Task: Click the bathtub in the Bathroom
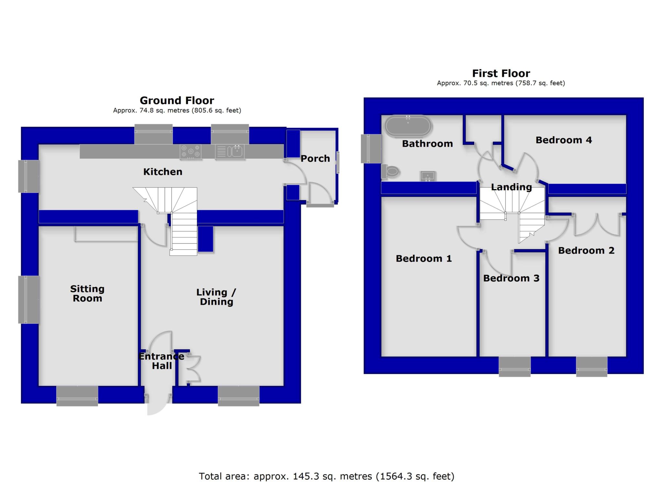pos(408,125)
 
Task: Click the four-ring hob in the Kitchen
pos(191,151)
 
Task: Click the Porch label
pos(315,159)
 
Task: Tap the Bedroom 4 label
pos(564,140)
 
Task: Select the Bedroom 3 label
pos(511,278)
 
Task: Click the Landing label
pos(511,187)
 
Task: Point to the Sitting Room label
pos(87,293)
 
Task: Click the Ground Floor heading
pos(177,100)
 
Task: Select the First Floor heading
pos(501,73)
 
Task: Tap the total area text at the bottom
pos(326,476)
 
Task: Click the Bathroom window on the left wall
pos(371,149)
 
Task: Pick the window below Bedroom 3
pos(514,366)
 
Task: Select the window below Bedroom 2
pos(591,366)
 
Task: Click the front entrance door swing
pos(158,405)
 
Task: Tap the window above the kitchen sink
pos(230,134)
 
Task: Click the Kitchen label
pos(163,172)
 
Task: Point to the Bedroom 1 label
pos(423,259)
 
